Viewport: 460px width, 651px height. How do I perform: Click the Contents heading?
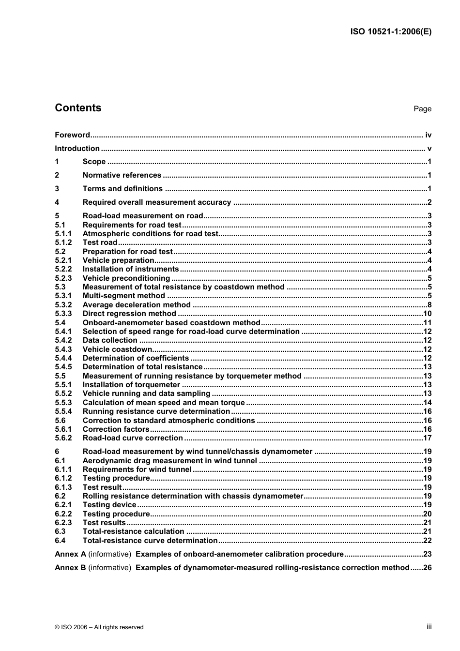[x=78, y=108]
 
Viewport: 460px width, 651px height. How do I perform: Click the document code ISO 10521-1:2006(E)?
[x=390, y=32]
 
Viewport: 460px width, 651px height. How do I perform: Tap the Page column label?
[x=422, y=109]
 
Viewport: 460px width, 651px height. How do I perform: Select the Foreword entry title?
[x=72, y=135]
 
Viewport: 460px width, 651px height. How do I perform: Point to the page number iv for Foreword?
[x=428, y=135]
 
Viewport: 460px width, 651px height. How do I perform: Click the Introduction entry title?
[x=77, y=149]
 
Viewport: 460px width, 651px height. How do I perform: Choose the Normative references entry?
[x=122, y=175]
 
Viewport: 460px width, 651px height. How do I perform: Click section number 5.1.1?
[x=63, y=234]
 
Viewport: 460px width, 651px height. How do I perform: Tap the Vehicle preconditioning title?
[x=126, y=278]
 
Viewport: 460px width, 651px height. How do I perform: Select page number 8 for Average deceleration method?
[x=429, y=305]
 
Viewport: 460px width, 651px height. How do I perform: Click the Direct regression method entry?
[x=129, y=314]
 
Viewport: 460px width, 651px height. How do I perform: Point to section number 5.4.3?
[x=63, y=349]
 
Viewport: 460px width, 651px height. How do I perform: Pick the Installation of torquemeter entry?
[x=131, y=385]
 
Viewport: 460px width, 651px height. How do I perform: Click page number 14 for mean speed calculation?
[x=427, y=403]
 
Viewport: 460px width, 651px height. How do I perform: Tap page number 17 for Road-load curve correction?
[x=427, y=438]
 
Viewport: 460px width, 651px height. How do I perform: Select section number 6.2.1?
[x=63, y=505]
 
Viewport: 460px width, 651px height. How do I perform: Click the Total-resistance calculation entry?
[x=133, y=531]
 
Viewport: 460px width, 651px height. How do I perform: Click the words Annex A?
[x=70, y=554]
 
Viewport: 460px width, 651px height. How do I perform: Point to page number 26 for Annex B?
[x=427, y=568]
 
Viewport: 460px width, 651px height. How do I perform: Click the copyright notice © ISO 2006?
[x=99, y=627]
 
